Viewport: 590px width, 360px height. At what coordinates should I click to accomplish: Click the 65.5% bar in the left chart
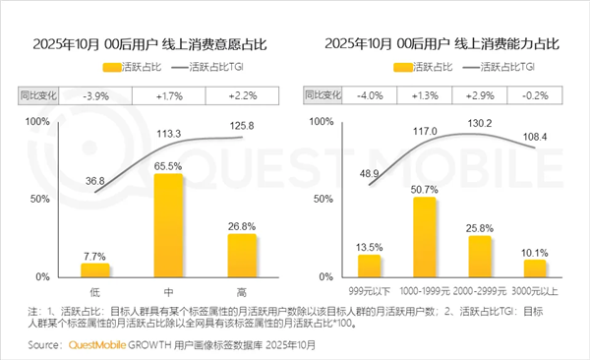169,224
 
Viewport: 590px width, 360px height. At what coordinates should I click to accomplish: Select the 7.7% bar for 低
95,270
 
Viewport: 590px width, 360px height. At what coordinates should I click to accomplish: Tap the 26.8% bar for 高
242,255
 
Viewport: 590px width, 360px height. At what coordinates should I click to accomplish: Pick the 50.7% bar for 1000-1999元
425,236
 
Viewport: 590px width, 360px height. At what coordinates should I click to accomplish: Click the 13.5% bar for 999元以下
370,266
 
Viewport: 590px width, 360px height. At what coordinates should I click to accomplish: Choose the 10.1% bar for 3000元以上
534,268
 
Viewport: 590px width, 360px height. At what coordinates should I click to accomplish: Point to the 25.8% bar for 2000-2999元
480,256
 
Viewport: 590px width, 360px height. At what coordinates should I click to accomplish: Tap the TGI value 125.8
242,125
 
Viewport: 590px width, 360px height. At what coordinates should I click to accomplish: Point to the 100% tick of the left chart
35,120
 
